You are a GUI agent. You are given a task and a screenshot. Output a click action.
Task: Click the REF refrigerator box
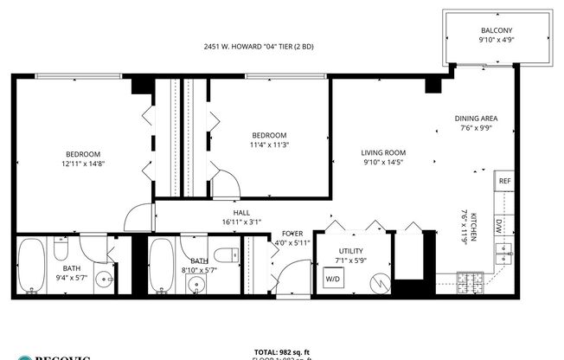click(x=503, y=182)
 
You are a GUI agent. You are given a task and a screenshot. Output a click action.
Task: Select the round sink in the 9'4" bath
click(x=104, y=280)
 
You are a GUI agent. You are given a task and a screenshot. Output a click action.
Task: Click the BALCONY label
click(x=496, y=29)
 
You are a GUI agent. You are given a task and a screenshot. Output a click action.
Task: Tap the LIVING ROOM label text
click(x=384, y=152)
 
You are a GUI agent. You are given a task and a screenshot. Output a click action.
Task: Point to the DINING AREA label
click(x=476, y=119)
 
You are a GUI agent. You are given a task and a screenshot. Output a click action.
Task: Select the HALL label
click(x=241, y=213)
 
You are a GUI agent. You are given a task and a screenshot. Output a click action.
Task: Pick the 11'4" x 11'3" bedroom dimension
click(x=269, y=145)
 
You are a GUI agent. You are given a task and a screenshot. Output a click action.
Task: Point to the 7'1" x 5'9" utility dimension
click(x=352, y=260)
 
